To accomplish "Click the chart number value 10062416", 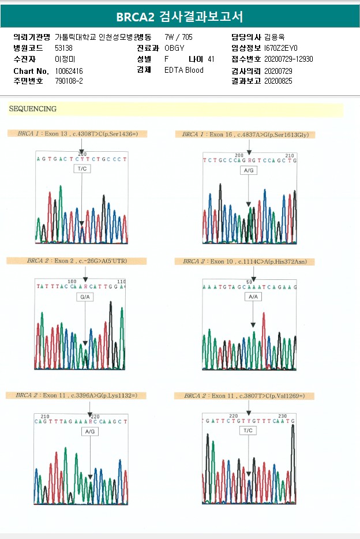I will coord(69,70).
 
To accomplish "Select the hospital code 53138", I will coord(63,48).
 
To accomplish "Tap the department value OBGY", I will coord(174,48).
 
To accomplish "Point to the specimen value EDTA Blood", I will coord(183,70).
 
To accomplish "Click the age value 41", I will coord(211,59).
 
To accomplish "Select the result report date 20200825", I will coord(278,81).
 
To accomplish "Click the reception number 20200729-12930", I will coord(288,59).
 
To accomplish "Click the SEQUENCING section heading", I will coord(33,109).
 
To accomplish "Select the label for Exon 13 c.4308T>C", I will coord(77,134).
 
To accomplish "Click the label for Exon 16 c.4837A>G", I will coord(245,134).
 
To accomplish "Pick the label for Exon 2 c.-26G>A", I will coord(77,261).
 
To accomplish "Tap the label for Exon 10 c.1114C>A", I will coord(245,261).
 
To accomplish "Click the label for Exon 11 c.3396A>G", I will coord(77,395).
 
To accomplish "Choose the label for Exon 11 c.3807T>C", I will coord(245,396).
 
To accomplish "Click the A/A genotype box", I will coord(253,297).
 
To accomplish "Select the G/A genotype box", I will coord(85,297).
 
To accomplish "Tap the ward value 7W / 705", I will coord(178,37).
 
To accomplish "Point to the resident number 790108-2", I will coord(69,81).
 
